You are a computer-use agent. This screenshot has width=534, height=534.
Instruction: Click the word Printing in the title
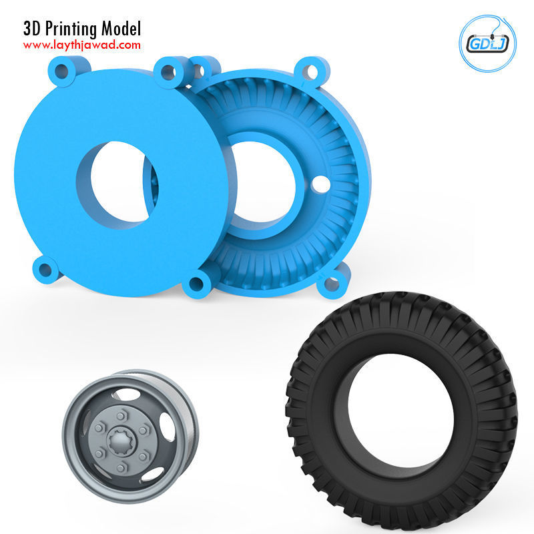coord(74,29)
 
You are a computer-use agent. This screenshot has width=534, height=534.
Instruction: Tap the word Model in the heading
coord(121,29)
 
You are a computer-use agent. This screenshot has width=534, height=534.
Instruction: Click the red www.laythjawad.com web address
coord(82,45)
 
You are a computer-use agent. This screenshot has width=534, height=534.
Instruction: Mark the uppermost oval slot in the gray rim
coord(129,394)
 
